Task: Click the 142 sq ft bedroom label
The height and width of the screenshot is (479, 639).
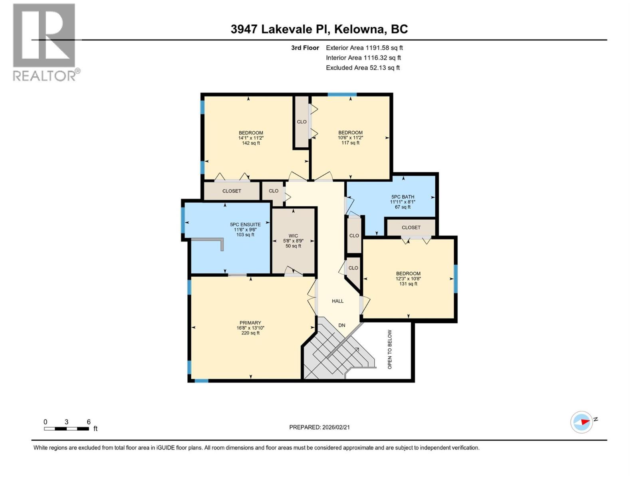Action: (251, 138)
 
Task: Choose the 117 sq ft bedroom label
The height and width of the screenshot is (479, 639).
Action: (350, 137)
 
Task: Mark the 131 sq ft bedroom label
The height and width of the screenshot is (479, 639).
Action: (408, 279)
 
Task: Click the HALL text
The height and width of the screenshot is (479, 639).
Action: (337, 301)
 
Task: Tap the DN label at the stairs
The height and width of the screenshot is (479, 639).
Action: (342, 325)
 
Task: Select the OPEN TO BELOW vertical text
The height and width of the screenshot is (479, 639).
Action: (390, 349)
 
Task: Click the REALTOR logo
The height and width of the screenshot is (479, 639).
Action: (45, 42)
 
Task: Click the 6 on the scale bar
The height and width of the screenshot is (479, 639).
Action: (89, 422)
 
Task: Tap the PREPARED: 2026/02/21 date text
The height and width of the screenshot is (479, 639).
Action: (319, 427)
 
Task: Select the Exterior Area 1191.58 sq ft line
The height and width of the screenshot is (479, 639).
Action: (364, 48)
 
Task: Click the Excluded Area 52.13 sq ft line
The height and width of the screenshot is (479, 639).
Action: (363, 68)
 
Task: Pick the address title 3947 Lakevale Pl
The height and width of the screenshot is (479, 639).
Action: (319, 29)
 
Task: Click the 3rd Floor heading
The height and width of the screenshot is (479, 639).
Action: (305, 48)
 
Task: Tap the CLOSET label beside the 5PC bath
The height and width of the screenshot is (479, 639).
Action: (411, 227)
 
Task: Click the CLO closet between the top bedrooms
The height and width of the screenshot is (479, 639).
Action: (302, 122)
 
